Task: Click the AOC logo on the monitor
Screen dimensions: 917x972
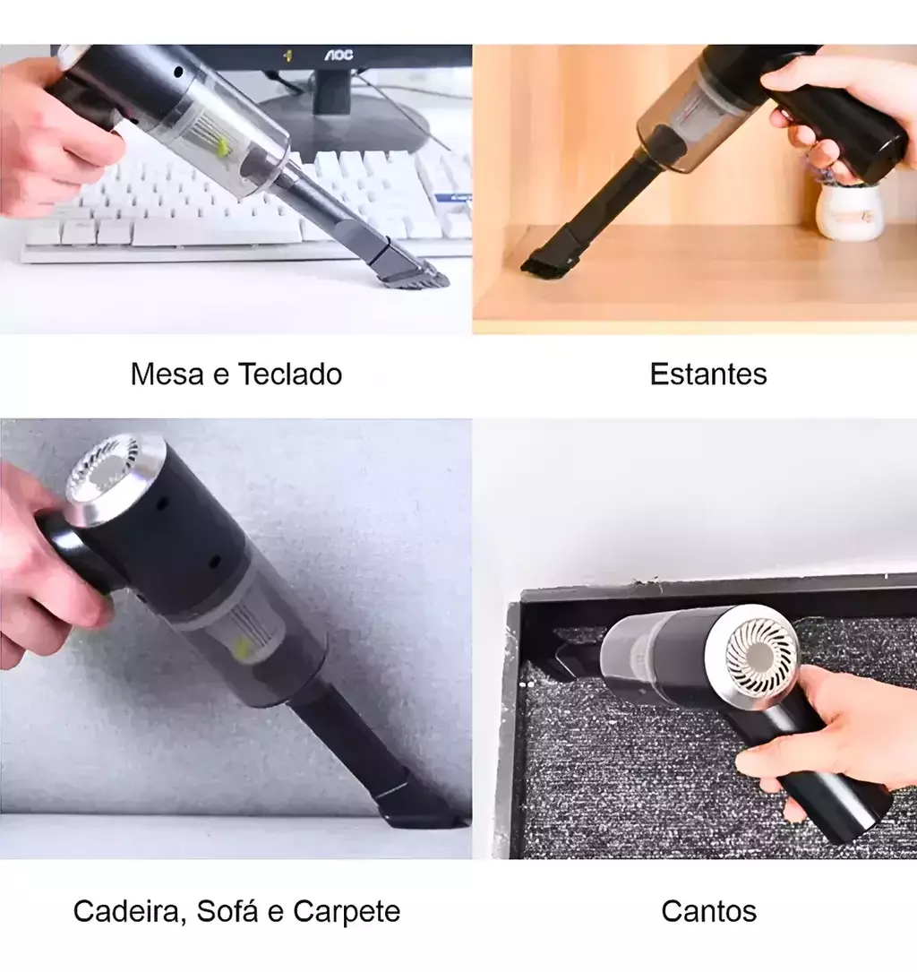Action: click(339, 55)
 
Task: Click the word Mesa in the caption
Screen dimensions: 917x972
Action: click(167, 374)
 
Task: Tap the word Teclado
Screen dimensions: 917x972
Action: click(290, 374)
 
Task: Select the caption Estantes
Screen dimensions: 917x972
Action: click(708, 374)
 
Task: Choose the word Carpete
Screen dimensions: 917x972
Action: click(347, 911)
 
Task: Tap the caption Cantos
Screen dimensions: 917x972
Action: click(709, 911)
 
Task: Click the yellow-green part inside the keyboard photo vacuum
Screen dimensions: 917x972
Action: click(222, 148)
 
